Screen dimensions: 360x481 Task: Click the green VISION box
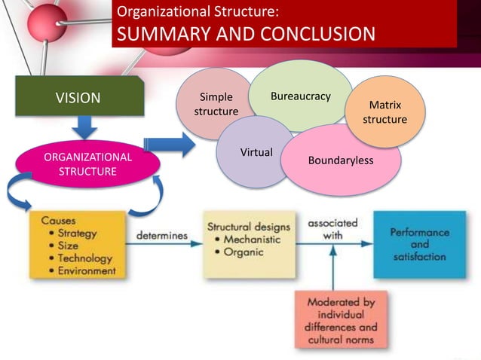[78, 96]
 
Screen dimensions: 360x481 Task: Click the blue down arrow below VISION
[86, 126]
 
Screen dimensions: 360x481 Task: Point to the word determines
[161, 236]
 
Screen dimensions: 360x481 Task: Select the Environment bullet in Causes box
[87, 270]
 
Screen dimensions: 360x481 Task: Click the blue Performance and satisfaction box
[419, 245]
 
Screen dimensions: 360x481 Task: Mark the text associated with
[332, 229]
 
